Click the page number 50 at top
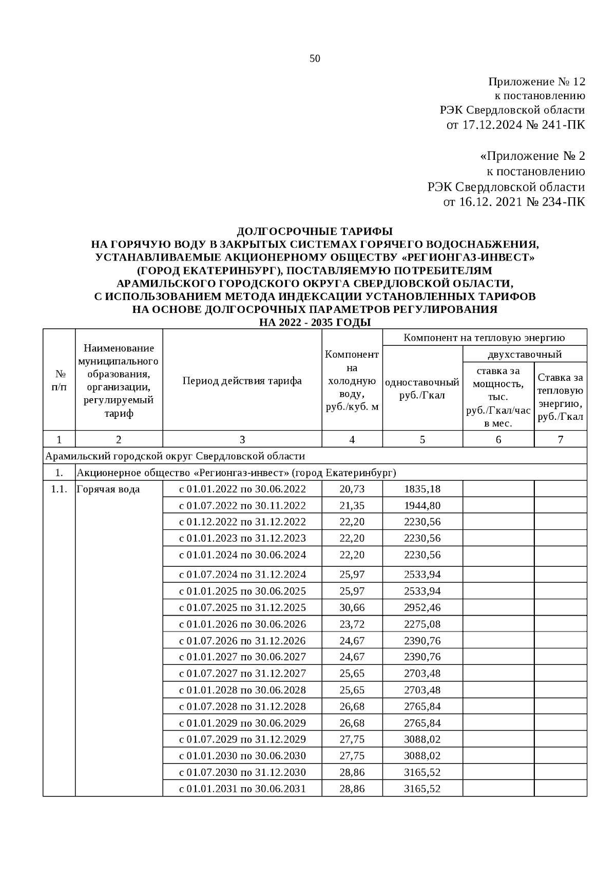315,59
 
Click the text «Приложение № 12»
536,82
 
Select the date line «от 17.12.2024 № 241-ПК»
516,124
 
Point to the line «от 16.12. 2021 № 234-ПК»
513,202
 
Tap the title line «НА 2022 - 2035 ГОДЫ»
315,323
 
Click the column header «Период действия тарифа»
242,381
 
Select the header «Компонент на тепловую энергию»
484,338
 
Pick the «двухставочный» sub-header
525,354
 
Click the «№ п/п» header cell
59,381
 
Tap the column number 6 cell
498,439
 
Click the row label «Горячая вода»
108,489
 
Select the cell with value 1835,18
422,489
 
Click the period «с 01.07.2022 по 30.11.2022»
242,506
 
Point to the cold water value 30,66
352,607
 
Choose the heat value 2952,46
422,607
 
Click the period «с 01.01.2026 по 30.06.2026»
242,624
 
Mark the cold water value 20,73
352,489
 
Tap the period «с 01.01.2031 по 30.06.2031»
242,789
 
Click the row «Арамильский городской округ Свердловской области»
175,456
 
